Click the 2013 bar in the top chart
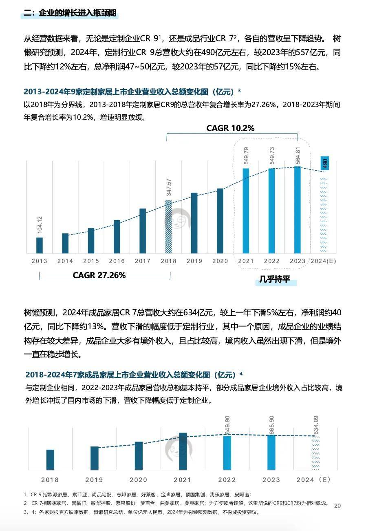point(40,245)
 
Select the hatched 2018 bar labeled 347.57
point(168,227)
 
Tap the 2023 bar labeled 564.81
point(298,210)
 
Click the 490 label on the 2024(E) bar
point(325,163)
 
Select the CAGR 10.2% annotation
point(230,128)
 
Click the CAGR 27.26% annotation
point(99,275)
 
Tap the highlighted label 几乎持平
point(275,281)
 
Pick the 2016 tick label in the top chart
point(117,261)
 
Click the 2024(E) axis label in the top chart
point(323,261)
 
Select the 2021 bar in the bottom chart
point(183,451)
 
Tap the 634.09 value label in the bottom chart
point(315,425)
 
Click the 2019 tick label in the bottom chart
point(94,480)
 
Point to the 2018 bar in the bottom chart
point(50,460)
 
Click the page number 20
point(337,506)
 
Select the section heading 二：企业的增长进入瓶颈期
point(70,13)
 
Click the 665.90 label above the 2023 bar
point(272,425)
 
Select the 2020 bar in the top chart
point(220,221)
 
